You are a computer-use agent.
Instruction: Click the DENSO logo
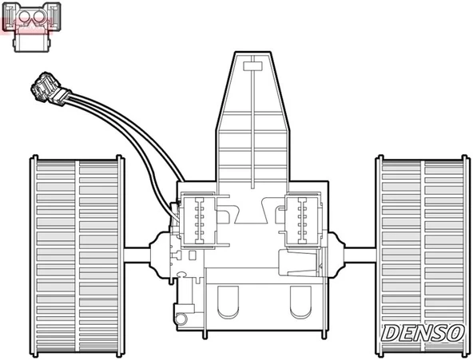(422, 332)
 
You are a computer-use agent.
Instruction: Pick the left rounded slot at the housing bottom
(229, 301)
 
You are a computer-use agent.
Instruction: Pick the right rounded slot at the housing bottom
(300, 301)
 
